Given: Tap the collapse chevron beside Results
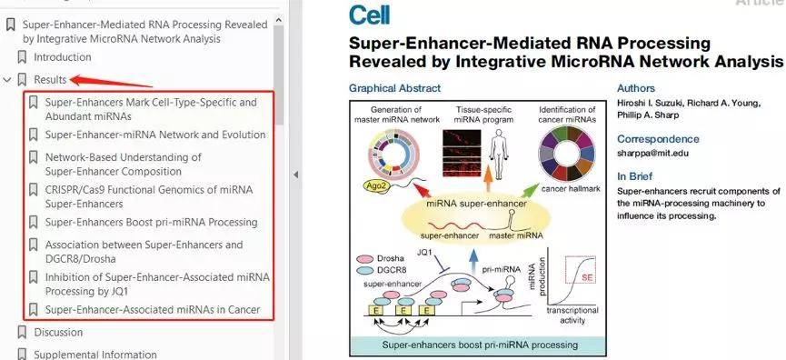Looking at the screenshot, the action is [7, 79].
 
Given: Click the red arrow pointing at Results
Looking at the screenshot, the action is [111, 81].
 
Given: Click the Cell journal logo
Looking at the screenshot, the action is [370, 15].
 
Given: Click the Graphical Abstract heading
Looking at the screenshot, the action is [395, 88].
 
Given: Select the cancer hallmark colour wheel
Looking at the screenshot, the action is [566, 153].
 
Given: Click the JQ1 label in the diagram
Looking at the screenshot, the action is [424, 252].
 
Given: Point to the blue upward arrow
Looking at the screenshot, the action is [473, 261].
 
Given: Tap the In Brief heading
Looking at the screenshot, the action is [635, 176].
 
